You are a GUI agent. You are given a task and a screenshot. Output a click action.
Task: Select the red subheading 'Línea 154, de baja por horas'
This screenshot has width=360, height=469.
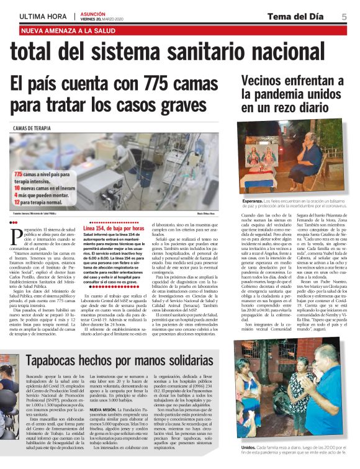[113, 228]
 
